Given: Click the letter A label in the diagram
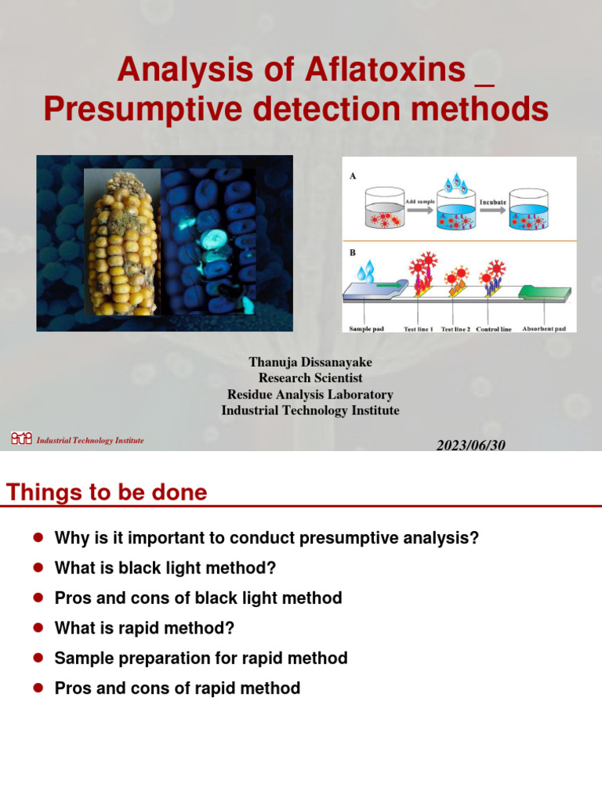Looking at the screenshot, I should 353,176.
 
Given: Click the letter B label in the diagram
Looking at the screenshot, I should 353,254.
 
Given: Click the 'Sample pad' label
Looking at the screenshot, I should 368,329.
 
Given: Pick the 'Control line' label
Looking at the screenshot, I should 494,329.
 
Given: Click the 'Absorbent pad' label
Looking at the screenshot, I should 544,329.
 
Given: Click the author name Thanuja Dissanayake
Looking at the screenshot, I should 310,362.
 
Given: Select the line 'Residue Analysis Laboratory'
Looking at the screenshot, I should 310,394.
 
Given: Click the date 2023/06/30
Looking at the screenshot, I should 471,445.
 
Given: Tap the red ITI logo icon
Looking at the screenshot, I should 21,439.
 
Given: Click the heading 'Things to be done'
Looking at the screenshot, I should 107,492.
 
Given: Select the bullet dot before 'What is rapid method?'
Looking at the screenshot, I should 37,628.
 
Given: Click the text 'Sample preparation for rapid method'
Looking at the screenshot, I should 201,658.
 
